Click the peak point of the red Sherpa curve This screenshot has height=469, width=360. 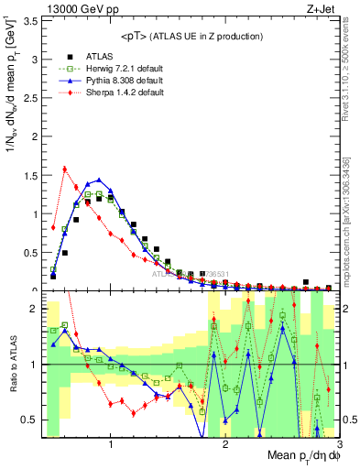point(64,169)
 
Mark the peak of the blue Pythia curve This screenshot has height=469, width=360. point(99,180)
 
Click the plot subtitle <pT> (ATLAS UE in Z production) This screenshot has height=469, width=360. point(191,36)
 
